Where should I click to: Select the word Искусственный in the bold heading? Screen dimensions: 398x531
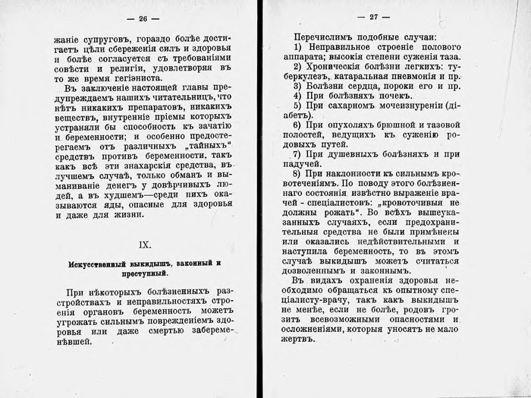pos(89,263)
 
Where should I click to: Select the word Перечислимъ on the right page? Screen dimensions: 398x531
pos(326,36)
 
